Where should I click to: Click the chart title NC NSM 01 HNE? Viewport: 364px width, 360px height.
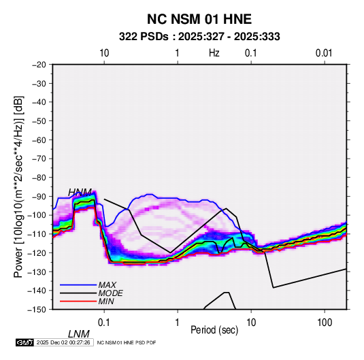(x=199, y=19)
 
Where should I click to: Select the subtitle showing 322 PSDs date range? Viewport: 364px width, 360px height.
(x=199, y=37)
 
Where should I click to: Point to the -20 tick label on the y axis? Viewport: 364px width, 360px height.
(x=39, y=65)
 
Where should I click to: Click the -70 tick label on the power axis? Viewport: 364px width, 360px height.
(x=39, y=159)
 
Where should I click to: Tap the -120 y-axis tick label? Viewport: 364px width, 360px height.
(x=37, y=252)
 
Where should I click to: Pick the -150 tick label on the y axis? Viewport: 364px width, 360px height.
(x=37, y=310)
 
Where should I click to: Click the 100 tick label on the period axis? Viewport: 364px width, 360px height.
(x=325, y=323)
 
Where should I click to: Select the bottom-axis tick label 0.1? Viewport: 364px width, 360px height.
(x=104, y=323)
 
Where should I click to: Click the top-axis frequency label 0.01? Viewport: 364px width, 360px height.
(x=324, y=53)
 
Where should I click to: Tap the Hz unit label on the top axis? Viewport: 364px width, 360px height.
(x=214, y=53)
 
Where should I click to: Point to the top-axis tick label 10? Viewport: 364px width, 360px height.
(x=104, y=53)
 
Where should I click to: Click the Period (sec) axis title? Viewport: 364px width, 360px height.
(x=214, y=330)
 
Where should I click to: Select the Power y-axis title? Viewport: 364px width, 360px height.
(x=18, y=186)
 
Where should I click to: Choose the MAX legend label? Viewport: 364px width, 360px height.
(x=107, y=285)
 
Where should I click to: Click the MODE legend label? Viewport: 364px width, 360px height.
(x=110, y=293)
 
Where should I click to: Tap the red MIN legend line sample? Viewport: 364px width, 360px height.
(x=78, y=301)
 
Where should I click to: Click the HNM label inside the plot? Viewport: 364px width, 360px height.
(x=80, y=193)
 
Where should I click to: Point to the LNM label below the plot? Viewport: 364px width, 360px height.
(x=79, y=334)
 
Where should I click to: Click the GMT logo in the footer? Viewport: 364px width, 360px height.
(x=25, y=342)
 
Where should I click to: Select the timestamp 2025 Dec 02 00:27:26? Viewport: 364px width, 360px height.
(x=63, y=342)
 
